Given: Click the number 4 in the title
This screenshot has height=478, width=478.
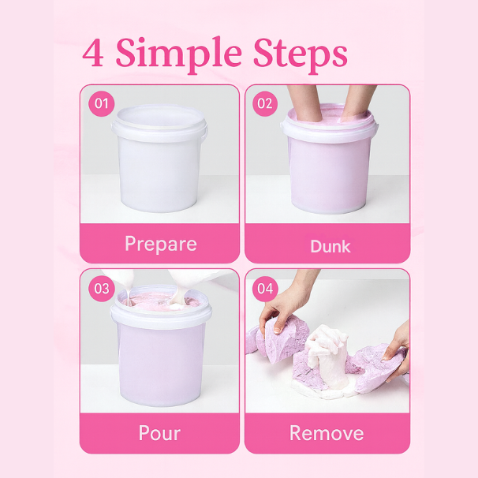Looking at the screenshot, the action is point(93,52).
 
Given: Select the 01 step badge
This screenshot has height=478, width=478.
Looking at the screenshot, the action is point(102,103).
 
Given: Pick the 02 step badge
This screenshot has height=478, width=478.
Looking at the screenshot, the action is point(265,103).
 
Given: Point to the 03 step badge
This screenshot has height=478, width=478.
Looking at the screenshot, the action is point(102,289).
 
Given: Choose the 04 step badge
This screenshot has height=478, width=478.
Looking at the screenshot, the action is point(265,289).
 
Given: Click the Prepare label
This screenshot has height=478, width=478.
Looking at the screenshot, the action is point(161,245).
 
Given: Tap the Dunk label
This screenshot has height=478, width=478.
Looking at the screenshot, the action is point(330,246).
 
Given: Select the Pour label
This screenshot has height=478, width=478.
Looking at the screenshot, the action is point(159,432).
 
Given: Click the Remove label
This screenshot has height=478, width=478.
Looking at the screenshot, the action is point(327,432).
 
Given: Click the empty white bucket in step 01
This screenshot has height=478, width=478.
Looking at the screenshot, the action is point(159,158).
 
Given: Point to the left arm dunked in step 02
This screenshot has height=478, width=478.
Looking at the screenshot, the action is point(305,102).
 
